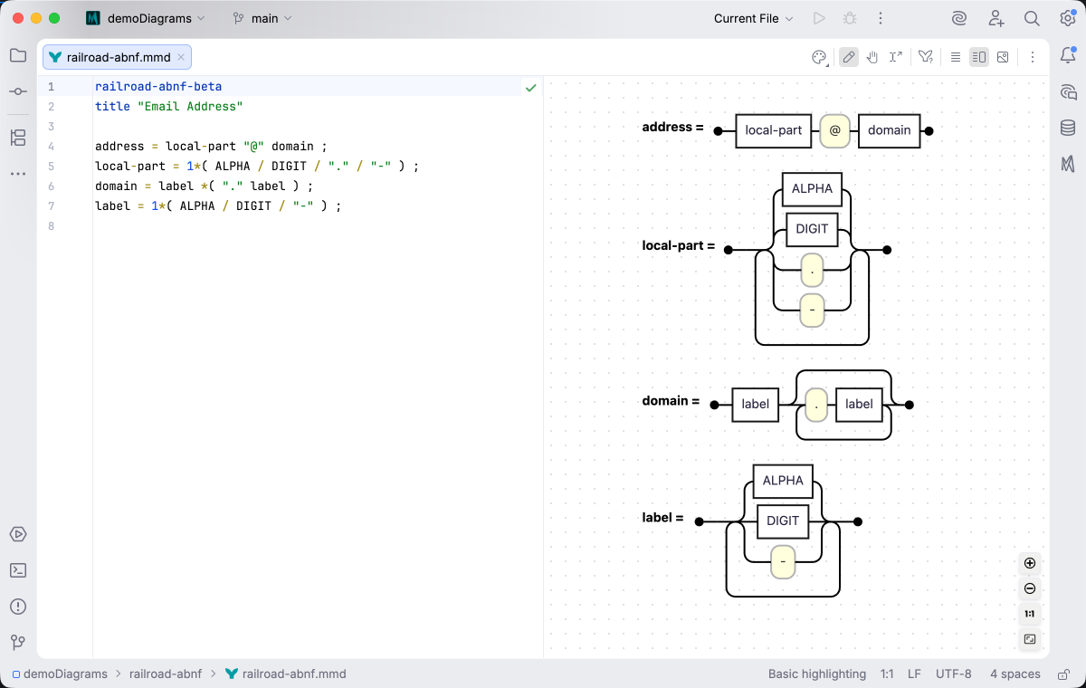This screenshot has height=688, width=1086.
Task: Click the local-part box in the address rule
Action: [x=773, y=130]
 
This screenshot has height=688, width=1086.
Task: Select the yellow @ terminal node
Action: [x=834, y=130]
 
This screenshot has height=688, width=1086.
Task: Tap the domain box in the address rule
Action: [x=889, y=130]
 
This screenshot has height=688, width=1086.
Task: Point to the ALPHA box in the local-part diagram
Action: [x=812, y=188]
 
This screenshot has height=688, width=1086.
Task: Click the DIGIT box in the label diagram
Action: [x=783, y=521]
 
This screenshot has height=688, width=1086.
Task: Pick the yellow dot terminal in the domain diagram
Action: [x=816, y=405]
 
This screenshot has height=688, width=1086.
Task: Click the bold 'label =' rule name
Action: [x=662, y=518]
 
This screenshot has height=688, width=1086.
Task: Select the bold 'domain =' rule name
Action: [x=671, y=401]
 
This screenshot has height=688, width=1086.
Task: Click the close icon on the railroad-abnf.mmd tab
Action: [x=181, y=57]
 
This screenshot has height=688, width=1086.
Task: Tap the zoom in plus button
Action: [x=1030, y=563]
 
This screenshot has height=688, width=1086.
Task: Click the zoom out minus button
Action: [x=1030, y=588]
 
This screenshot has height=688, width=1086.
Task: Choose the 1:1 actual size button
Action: [x=1030, y=614]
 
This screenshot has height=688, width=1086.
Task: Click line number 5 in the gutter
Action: [x=51, y=167]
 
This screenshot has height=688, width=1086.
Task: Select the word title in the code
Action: [x=112, y=106]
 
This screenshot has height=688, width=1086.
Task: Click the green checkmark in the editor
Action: [x=531, y=88]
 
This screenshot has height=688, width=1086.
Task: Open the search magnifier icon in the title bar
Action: [x=1032, y=18]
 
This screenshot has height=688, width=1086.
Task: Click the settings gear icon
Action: [x=1067, y=18]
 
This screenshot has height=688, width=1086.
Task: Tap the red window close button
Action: [x=18, y=18]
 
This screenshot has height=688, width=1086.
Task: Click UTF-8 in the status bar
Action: [x=953, y=674]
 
